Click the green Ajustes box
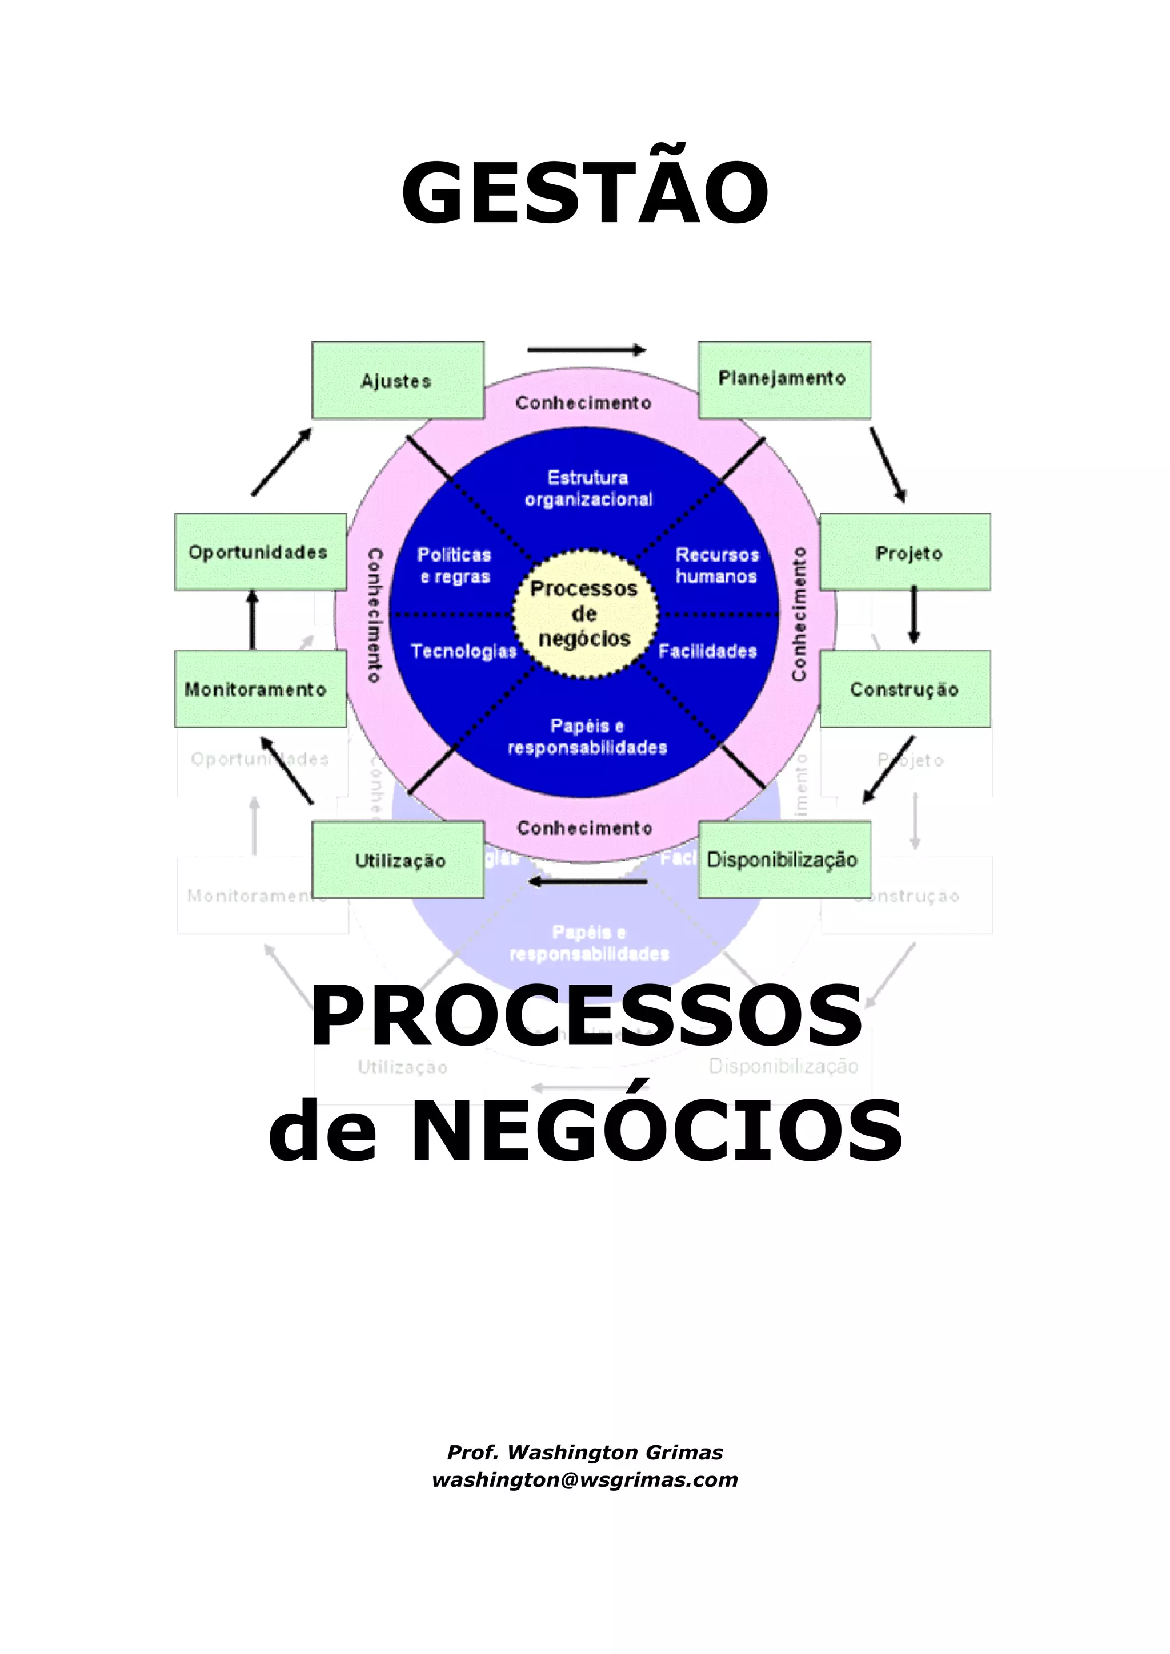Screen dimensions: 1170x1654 397,380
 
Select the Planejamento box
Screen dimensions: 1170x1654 784,380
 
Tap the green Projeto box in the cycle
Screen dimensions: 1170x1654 905,552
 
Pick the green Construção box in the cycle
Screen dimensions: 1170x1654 905,689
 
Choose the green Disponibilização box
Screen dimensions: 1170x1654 784,860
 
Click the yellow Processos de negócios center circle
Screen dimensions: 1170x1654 584,614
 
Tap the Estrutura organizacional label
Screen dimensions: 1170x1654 588,488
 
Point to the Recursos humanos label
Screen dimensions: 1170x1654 716,566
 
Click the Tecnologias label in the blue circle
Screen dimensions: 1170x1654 463,651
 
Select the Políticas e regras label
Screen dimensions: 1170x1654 454,566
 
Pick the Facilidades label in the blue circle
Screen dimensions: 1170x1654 707,651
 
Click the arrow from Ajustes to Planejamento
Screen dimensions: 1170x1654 587,350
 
